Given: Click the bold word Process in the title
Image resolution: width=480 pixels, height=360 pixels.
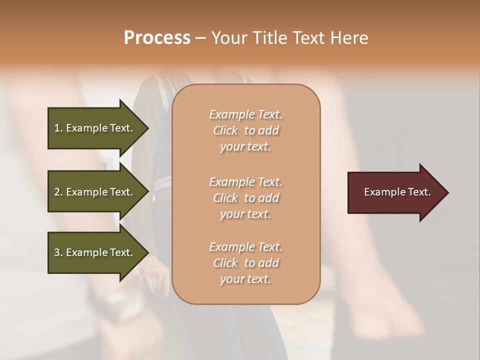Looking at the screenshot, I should pos(157,38).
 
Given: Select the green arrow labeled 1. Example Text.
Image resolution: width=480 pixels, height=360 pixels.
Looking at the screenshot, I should pos(95,128).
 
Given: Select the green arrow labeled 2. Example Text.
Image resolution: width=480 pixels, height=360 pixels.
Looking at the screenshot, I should pos(95,192).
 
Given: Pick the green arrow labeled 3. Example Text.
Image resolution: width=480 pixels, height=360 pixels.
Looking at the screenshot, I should pos(95,252).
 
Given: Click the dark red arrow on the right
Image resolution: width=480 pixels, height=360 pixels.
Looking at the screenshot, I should pos(395,192).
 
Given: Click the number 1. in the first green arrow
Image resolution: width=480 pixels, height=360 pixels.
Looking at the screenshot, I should pos(58,128).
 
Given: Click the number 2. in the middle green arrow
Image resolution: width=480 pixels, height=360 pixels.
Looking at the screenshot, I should pos(58,192).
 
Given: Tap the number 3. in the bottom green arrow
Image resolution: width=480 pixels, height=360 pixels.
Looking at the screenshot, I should pos(58,252).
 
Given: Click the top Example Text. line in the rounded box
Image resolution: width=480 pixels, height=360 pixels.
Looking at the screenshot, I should pos(245,114).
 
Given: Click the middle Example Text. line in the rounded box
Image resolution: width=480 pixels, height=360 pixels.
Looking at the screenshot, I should pos(245,181).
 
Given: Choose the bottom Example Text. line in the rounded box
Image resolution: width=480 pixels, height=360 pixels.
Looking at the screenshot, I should pos(245,247).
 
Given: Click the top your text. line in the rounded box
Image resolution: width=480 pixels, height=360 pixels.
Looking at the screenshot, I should pos(245,147).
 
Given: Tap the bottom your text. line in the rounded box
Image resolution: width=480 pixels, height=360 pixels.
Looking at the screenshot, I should pos(245,279).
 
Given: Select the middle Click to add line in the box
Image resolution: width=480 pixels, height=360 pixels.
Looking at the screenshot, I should pos(245,198).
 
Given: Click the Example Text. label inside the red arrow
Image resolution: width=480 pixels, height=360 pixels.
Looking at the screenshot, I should pos(397,192).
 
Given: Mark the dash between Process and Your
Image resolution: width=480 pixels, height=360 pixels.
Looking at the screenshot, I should pos(200,39).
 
